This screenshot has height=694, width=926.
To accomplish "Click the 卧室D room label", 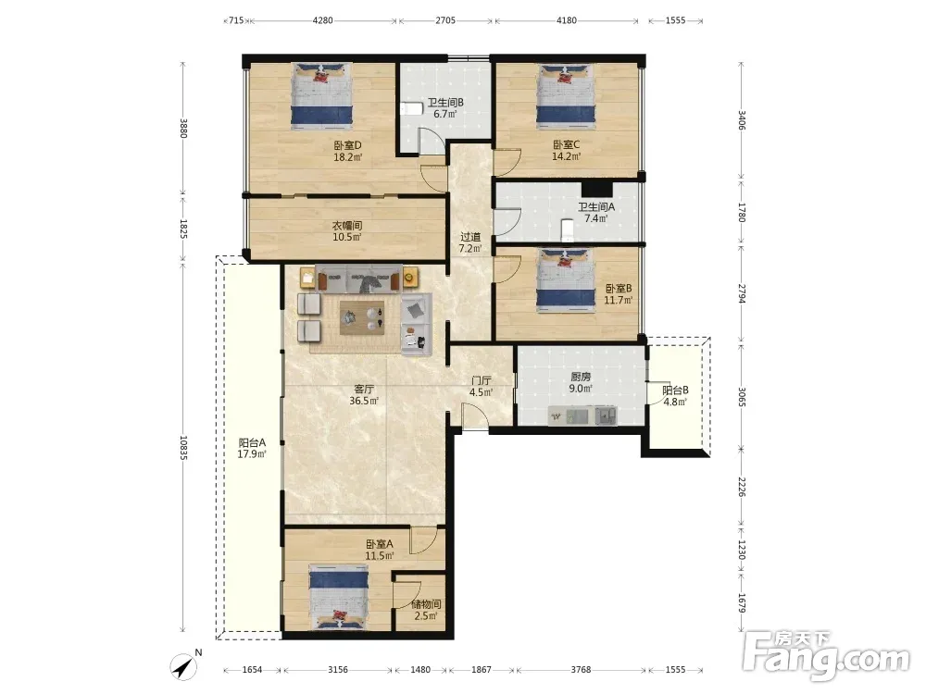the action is pyautogui.click(x=347, y=145).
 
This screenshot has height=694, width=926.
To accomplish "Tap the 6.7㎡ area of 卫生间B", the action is pyautogui.click(x=445, y=114).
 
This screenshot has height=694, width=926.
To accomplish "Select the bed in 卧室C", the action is pyautogui.click(x=566, y=96).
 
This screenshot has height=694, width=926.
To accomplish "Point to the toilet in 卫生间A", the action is pyautogui.click(x=567, y=230).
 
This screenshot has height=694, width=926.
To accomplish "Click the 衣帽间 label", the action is pyautogui.click(x=346, y=226).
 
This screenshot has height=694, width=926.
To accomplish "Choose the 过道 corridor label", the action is pyautogui.click(x=470, y=237).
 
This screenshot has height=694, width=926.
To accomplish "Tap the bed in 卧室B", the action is pyautogui.click(x=566, y=280).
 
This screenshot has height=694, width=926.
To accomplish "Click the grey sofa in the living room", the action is pyautogui.click(x=359, y=279).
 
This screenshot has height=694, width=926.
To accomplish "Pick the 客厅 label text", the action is pyautogui.click(x=364, y=389).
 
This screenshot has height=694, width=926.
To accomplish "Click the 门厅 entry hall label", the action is pyautogui.click(x=482, y=380).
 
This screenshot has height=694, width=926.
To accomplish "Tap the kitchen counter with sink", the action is pyautogui.click(x=582, y=416).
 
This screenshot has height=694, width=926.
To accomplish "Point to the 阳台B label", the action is pyautogui.click(x=675, y=390).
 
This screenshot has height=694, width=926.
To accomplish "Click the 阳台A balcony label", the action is pyautogui.click(x=252, y=442).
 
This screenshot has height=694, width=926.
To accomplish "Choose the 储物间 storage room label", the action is pyautogui.click(x=426, y=604).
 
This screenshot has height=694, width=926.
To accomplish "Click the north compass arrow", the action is pyautogui.click(x=184, y=667).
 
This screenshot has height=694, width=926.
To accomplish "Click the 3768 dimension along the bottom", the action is pyautogui.click(x=581, y=669).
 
